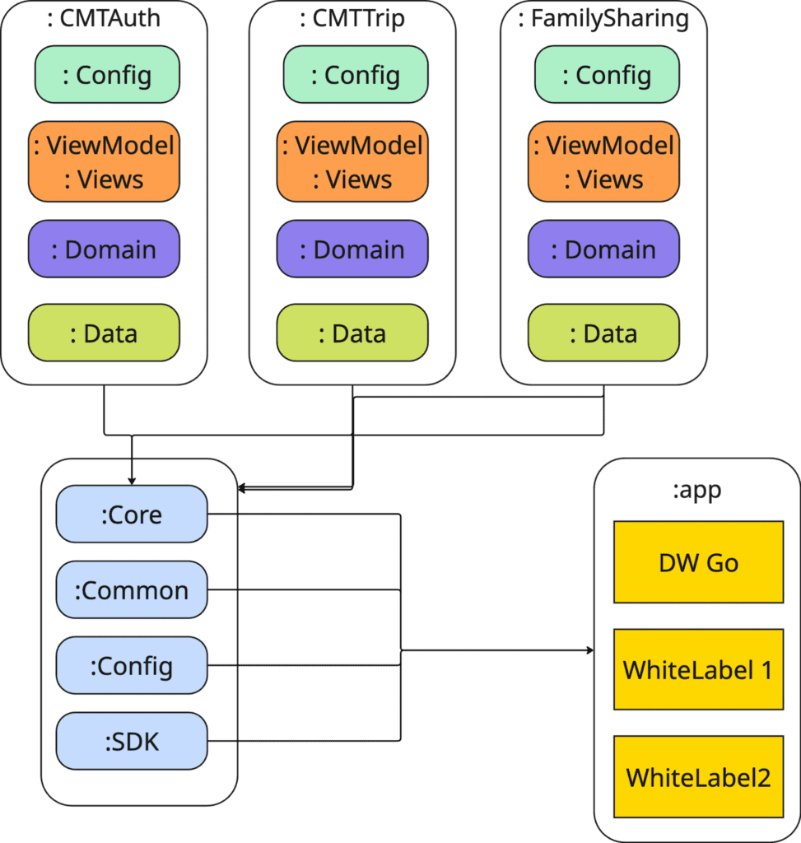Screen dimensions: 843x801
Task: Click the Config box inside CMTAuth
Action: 104,75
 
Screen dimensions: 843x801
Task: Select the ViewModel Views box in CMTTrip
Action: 352,162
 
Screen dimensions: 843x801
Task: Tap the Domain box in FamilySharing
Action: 603,249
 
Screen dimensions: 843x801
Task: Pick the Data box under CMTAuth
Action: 104,333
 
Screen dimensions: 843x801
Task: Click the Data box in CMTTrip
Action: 352,333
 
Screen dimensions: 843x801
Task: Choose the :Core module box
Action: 132,515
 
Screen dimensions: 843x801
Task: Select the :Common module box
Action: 132,590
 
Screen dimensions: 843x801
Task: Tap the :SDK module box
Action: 132,741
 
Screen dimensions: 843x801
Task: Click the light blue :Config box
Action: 132,665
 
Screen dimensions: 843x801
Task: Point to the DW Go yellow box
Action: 698,562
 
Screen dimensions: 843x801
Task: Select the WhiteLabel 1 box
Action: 698,669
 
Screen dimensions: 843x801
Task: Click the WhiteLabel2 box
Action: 698,776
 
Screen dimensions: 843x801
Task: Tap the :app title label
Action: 696,491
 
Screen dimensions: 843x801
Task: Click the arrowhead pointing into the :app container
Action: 589,650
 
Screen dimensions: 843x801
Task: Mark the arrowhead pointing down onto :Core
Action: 132,481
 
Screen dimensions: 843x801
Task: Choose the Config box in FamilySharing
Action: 603,75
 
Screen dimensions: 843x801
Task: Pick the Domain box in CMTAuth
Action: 104,249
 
